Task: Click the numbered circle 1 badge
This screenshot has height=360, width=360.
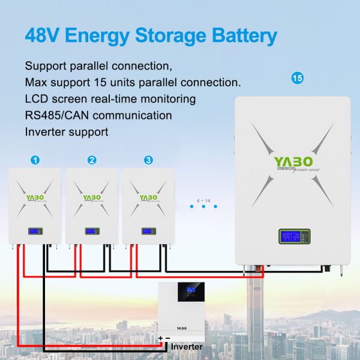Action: click(x=35, y=160)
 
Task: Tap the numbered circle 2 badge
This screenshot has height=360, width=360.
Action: click(x=92, y=160)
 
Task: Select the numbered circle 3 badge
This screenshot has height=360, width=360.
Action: click(x=148, y=160)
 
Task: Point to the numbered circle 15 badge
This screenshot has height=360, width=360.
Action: click(x=295, y=78)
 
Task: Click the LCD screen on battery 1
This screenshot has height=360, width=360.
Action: click(x=35, y=231)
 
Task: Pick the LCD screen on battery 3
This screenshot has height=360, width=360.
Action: click(x=148, y=231)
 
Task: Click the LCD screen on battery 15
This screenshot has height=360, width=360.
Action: click(x=290, y=237)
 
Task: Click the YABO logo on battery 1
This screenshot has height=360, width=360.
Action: click(x=35, y=197)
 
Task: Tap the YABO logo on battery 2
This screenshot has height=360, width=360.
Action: click(x=91, y=197)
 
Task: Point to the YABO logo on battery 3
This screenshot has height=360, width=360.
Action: click(x=148, y=197)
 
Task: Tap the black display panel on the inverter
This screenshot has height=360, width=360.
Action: click(x=191, y=291)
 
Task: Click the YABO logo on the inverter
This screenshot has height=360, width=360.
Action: click(x=183, y=328)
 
